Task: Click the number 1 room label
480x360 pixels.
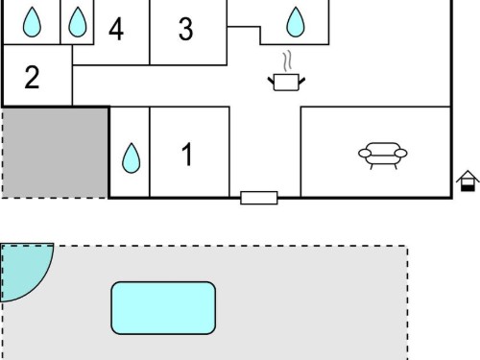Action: coord(187,155)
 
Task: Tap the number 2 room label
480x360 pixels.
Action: coord(32,77)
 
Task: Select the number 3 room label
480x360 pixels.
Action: coord(186,29)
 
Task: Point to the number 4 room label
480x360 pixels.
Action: coord(116,29)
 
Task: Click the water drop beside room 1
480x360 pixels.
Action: coord(132,158)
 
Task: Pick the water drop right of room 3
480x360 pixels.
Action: coord(296,22)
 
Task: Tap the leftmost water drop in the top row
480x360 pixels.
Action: coord(32,22)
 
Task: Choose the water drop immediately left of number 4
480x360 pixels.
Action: coord(78,22)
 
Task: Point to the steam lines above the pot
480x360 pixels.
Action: coord(287,60)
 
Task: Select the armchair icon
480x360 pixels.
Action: coord(383,156)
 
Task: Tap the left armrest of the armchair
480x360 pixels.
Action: coord(365,154)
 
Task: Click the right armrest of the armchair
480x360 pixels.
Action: coord(400,154)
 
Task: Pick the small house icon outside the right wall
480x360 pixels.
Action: coord(468,180)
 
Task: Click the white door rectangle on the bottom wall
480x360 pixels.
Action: coord(259,198)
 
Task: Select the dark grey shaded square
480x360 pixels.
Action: coord(55,153)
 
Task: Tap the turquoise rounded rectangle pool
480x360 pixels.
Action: coord(163,308)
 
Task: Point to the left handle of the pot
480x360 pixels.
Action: coord(271,81)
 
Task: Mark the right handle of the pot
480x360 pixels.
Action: coord(301,81)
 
